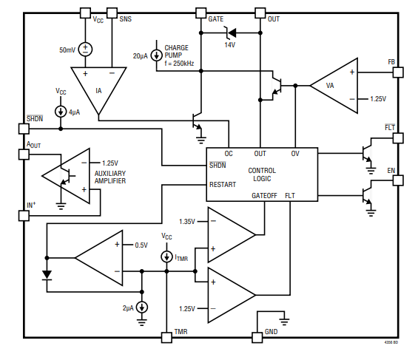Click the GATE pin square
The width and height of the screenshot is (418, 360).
[200, 13]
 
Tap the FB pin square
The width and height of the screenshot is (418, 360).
[398, 72]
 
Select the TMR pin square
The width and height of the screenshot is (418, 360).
[166, 337]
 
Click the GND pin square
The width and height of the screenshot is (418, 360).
[257, 337]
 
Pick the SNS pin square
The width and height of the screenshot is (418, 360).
[112, 13]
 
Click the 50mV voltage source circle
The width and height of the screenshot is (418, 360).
[85, 50]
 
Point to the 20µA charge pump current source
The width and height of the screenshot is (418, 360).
[157, 55]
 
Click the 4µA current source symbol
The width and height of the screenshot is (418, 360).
[61, 112]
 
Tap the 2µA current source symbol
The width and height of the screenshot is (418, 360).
[142, 308]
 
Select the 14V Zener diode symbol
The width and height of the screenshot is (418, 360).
[230, 33]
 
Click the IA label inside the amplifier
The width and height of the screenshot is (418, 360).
[98, 91]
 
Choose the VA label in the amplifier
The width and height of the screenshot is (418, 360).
[330, 86]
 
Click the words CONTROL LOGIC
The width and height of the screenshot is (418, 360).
[262, 174]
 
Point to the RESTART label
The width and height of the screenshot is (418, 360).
[223, 185]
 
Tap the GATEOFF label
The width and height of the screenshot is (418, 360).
[264, 196]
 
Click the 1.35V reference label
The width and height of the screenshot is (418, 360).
[187, 221]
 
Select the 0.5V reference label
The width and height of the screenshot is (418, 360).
[141, 245]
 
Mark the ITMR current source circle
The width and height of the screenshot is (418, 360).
[167, 257]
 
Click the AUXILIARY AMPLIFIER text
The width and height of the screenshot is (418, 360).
[110, 177]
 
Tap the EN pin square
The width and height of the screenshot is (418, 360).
[398, 180]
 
